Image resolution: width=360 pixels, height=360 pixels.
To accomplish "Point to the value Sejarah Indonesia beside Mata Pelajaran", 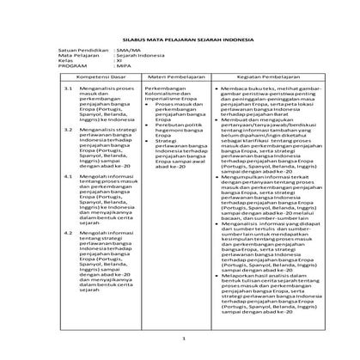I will coord(143,58).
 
